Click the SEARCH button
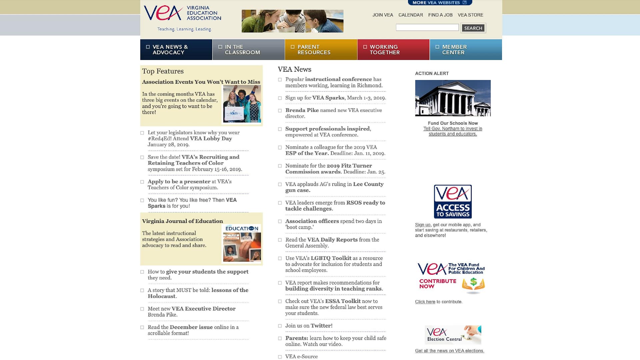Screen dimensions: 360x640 (473, 28)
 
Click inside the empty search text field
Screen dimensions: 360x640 (427, 28)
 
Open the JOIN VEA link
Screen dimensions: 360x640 (383, 15)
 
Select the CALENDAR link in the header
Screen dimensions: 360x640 (410, 15)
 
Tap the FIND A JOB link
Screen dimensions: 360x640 (440, 15)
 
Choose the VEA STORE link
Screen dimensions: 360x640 (470, 15)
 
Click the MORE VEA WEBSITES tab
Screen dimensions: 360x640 (439, 3)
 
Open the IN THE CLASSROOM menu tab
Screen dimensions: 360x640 (248, 50)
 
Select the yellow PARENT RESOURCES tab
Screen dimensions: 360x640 (321, 50)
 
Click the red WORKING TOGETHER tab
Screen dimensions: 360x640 (393, 50)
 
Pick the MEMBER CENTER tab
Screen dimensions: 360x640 (466, 50)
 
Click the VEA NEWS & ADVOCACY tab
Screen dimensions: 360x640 (176, 50)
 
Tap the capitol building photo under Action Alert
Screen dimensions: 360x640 (453, 98)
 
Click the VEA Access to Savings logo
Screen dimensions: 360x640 (453, 202)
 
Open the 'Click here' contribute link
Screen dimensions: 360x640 (425, 302)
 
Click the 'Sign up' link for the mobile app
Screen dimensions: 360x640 (422, 225)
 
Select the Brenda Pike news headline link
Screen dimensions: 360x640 (302, 110)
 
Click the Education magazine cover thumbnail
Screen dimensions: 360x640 (241, 243)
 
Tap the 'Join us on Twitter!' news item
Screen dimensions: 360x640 (309, 326)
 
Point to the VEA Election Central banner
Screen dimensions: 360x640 (453, 335)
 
